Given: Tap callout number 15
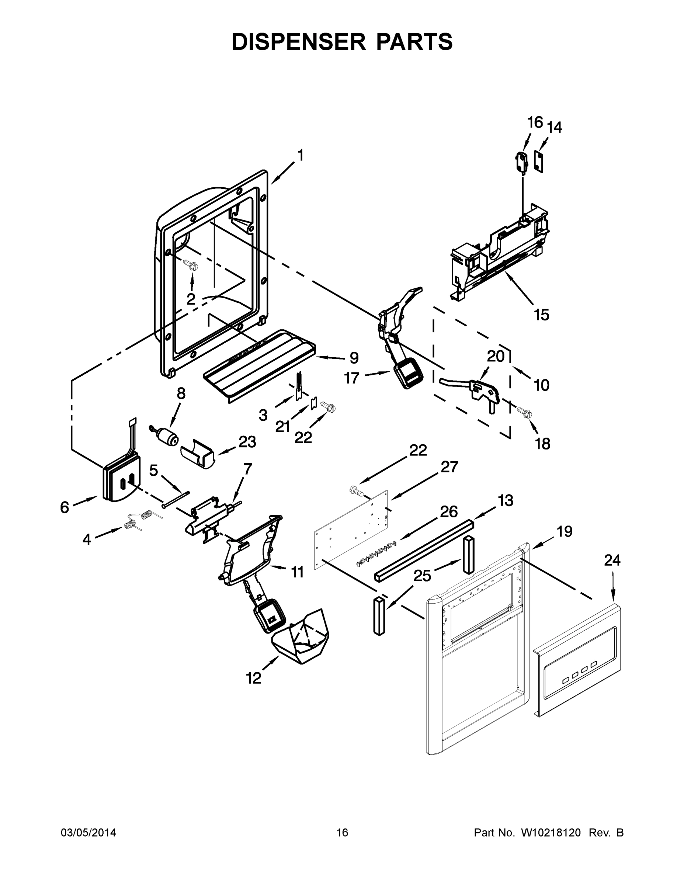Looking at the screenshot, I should point(541,315).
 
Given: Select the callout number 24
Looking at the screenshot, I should point(612,560).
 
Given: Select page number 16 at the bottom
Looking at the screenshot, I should point(342,832).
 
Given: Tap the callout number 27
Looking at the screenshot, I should point(449,467).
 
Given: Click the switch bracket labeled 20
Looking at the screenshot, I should point(482,389).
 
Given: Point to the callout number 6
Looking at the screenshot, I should point(65,507).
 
